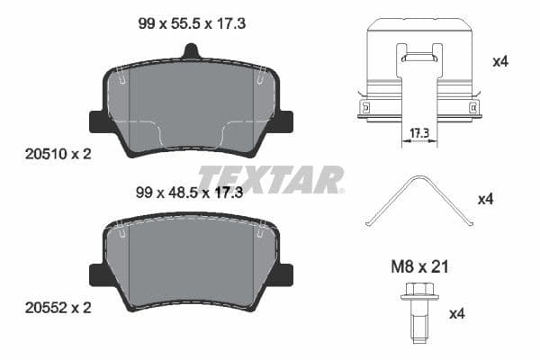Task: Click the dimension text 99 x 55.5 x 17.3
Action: click(x=192, y=25)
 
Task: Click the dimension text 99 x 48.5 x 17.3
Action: click(x=192, y=192)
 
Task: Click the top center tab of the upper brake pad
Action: click(x=192, y=51)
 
